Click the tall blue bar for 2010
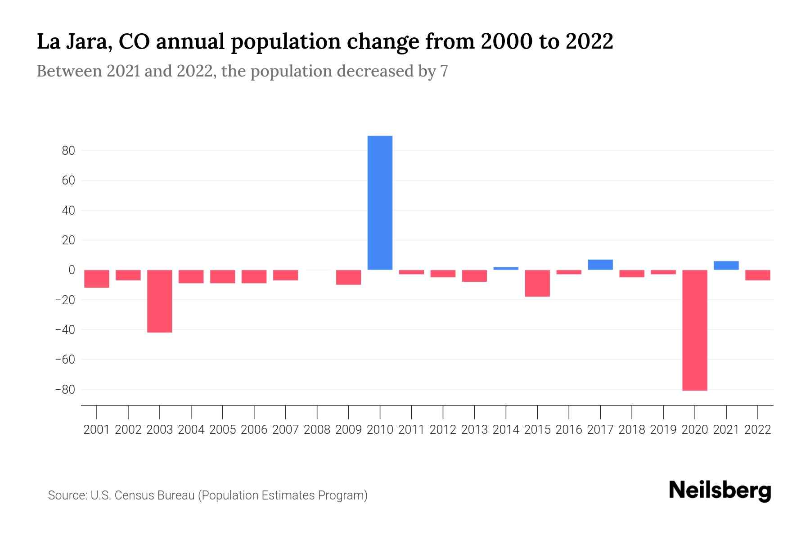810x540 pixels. pyautogui.click(x=380, y=202)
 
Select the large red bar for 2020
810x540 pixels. pyautogui.click(x=694, y=330)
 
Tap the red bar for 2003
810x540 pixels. pyautogui.click(x=160, y=301)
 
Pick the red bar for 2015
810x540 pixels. pyautogui.click(x=537, y=283)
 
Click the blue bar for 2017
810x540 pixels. pyautogui.click(x=600, y=265)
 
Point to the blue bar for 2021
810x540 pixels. pyautogui.click(x=726, y=265)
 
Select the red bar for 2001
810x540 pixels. pyautogui.click(x=97, y=279)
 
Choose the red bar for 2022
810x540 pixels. pyautogui.click(x=757, y=275)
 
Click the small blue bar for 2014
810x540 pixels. pyautogui.click(x=506, y=268)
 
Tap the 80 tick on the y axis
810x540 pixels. pyautogui.click(x=68, y=151)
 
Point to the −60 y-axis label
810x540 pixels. pyautogui.click(x=65, y=360)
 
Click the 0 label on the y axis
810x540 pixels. pyautogui.click(x=71, y=270)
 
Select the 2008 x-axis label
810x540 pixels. pyautogui.click(x=317, y=430)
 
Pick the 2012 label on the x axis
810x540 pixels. pyautogui.click(x=443, y=430)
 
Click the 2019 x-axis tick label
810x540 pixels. pyautogui.click(x=663, y=430)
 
